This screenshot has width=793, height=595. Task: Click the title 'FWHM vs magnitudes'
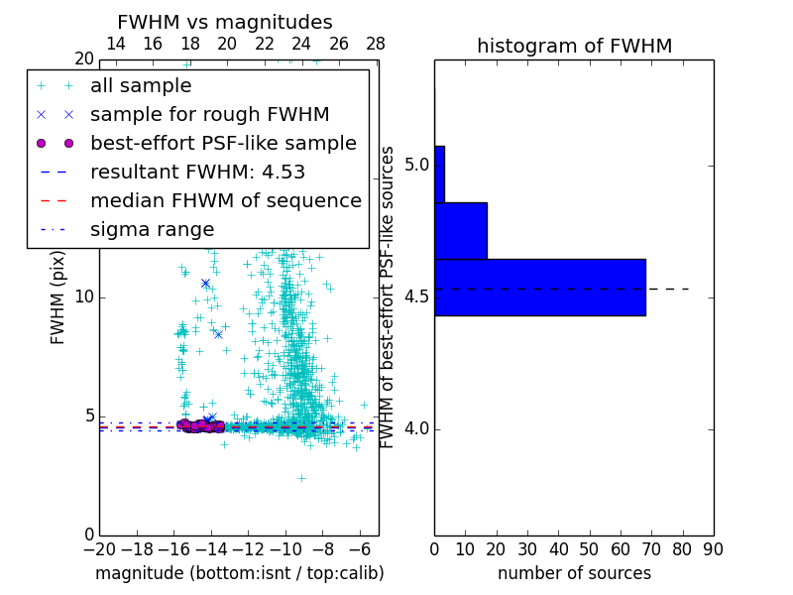coord(225,23)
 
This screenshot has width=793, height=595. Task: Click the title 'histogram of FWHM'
coord(574,47)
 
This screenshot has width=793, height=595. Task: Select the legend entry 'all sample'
coord(141,86)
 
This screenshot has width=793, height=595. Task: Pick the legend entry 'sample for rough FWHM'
coord(209,115)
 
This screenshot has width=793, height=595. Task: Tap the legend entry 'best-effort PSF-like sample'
coord(223,144)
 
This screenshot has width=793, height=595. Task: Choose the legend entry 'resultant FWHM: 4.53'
coord(197,173)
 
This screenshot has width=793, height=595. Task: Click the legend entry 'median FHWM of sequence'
coord(225,201)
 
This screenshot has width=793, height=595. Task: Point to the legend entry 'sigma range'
coord(152,230)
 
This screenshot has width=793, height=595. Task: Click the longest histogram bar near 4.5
coord(539,288)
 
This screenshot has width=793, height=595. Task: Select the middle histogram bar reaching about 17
coord(460,230)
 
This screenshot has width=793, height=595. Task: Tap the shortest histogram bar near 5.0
coord(439,174)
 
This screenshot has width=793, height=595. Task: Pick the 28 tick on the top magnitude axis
coord(376,45)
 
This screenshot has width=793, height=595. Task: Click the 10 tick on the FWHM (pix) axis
coord(83,297)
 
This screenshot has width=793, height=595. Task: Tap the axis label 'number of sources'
coord(574,573)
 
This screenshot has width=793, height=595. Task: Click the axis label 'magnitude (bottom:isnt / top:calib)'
coord(239,573)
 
